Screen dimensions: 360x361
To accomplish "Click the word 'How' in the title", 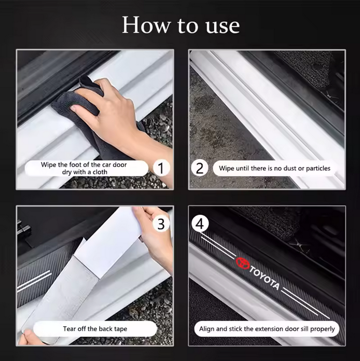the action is [146, 25].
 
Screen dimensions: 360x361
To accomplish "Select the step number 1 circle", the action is [161, 168].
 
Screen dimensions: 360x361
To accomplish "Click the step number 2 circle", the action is [200, 168].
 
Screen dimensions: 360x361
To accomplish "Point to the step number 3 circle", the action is [161, 224].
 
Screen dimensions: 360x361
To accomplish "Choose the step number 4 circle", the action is [200, 224].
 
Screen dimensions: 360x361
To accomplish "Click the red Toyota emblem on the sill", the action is [242, 263].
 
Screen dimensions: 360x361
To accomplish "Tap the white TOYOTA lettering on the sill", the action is [265, 278].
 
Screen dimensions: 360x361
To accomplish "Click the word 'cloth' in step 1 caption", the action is [100, 172].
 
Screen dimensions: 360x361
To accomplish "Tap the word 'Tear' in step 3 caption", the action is [69, 329].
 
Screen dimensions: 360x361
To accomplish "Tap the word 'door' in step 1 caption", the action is [120, 164].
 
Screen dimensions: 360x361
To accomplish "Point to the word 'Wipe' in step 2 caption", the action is [226, 168].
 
